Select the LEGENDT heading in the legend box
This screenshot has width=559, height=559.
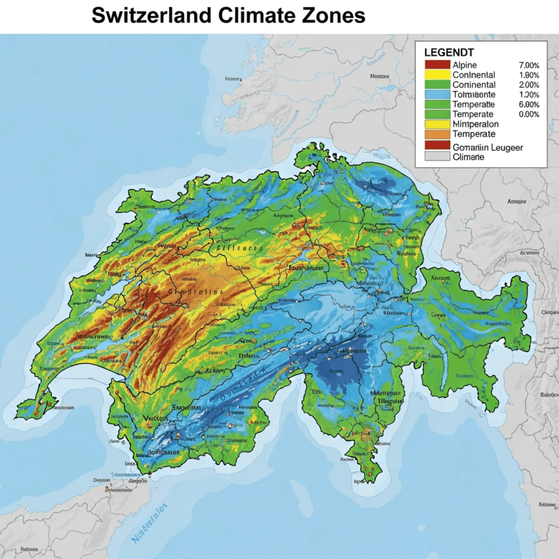(449, 53)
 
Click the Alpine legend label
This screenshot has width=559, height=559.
(464, 65)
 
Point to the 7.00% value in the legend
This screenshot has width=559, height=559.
(529, 65)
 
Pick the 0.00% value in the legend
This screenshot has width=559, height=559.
(529, 114)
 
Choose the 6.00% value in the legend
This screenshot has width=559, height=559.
(529, 104)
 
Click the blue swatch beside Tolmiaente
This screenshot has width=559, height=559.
(437, 95)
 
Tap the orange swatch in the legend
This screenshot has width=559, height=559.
(437, 134)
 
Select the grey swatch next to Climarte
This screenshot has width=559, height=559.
(437, 157)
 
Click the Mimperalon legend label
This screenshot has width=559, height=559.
(475, 124)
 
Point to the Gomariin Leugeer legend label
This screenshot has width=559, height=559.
(487, 147)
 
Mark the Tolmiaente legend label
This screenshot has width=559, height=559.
(474, 95)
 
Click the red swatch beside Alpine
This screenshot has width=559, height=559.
(437, 65)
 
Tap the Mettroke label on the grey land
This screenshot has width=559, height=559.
(379, 76)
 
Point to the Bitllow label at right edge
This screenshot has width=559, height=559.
(547, 505)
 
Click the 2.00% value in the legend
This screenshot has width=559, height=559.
(529, 85)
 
